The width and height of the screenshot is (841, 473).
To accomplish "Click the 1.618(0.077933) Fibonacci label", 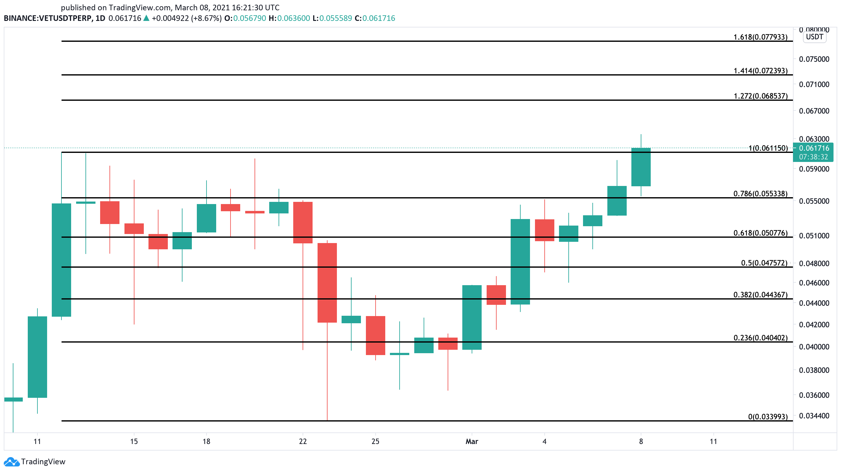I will (760, 37).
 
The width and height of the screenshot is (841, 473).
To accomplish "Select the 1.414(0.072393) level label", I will (760, 71).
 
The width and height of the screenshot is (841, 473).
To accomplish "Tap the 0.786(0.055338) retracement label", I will (760, 193).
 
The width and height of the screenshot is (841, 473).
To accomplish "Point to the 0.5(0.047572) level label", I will (764, 263).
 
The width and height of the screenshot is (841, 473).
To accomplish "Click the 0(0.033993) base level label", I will (768, 417).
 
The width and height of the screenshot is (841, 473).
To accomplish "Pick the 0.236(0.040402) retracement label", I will (760, 338).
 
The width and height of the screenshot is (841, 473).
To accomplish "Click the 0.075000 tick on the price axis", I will (814, 59).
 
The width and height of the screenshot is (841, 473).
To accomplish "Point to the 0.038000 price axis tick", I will (814, 370).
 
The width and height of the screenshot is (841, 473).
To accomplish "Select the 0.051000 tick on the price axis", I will (814, 236).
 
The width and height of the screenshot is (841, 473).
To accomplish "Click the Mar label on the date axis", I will (472, 441).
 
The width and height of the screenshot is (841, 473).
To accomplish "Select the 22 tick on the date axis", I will (303, 441).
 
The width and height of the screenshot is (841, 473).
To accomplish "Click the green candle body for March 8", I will (641, 167).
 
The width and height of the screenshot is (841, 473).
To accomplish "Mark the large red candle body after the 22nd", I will (327, 283).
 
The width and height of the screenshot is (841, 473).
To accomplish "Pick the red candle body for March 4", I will (545, 230).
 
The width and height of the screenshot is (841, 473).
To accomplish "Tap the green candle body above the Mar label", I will (472, 317).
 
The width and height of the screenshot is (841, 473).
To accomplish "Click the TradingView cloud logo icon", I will (12, 461).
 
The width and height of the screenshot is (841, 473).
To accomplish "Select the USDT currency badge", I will (814, 37).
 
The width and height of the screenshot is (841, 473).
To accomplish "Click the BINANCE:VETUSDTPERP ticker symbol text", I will (48, 18).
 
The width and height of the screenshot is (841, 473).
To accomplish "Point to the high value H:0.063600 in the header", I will (289, 18).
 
